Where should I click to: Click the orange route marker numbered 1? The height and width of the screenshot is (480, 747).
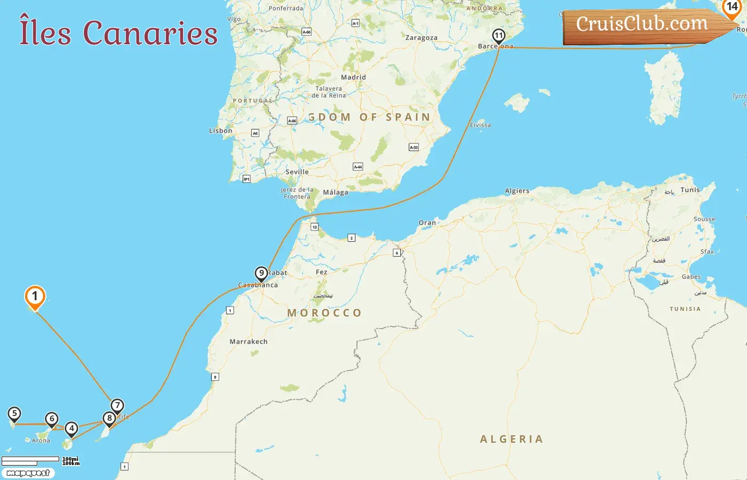click(35, 297)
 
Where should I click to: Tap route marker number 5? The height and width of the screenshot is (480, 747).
click(14, 414)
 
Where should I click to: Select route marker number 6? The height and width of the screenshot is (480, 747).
click(52, 419)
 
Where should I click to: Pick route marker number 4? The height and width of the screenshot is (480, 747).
click(71, 428)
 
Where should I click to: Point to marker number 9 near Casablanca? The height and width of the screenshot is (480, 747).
click(261, 274)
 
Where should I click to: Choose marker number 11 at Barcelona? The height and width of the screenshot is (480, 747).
click(498, 36)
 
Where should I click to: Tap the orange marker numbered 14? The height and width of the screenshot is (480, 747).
click(732, 7)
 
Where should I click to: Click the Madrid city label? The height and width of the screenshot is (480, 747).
click(353, 77)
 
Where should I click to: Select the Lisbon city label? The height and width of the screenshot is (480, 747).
click(220, 131)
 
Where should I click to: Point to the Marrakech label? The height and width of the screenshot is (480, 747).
click(248, 342)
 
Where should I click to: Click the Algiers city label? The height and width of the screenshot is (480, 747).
click(517, 191)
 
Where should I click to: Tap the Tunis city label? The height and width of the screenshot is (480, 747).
click(690, 190)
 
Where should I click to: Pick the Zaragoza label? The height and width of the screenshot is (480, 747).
click(421, 38)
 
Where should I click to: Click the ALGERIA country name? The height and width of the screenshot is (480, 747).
click(511, 439)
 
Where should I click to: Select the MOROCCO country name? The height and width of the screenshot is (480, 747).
click(324, 313)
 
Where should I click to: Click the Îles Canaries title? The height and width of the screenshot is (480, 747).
click(118, 33)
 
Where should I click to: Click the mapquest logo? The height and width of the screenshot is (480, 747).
click(28, 473)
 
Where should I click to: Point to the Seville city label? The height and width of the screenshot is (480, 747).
click(297, 172)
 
